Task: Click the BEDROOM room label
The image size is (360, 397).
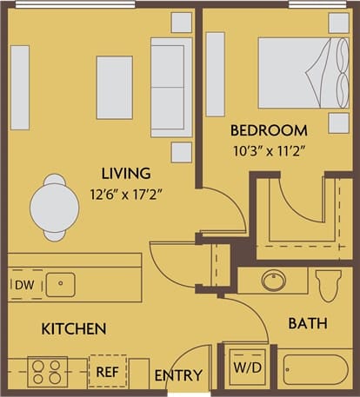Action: point(269,131)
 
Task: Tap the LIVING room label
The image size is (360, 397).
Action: point(126,173)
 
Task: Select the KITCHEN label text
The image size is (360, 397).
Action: point(74,329)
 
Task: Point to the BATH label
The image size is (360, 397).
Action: point(308,323)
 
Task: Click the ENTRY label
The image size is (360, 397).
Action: point(178,376)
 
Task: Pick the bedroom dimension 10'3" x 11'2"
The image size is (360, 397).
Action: point(269,149)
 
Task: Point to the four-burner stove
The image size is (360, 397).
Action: point(47,372)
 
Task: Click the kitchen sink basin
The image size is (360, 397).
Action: point(60,283)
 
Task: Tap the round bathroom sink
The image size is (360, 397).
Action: point(274,281)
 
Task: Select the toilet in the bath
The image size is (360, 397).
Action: point(329,283)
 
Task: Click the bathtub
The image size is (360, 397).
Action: point(315,372)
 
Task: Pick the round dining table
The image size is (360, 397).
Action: point(55,208)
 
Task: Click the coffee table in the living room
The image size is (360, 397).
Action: point(114,87)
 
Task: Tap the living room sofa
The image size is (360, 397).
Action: point(170,87)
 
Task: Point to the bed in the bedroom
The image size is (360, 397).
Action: point(296,72)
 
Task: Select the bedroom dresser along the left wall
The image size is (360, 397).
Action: point(215,74)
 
